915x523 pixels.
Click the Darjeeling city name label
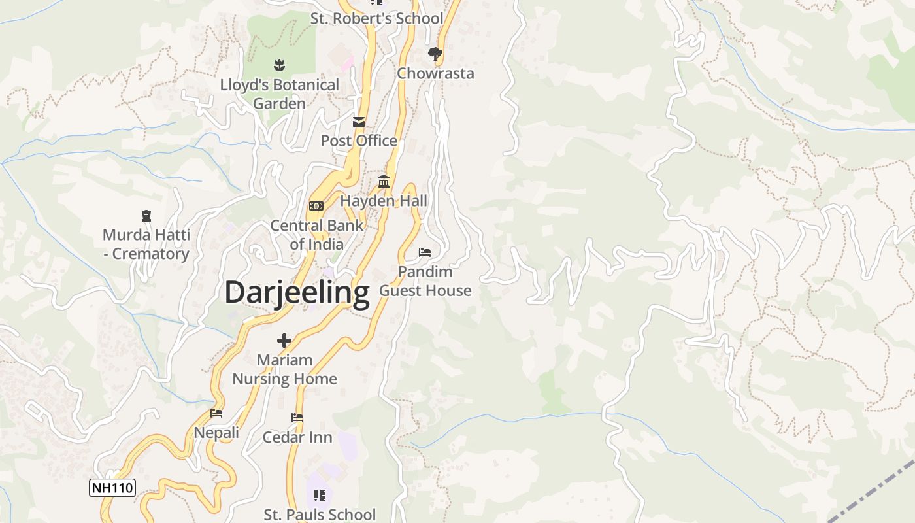point(297,293)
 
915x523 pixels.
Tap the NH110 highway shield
point(112,488)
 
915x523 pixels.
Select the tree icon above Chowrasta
point(435,54)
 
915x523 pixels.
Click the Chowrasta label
point(435,73)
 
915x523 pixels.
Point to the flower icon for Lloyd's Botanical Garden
point(279,65)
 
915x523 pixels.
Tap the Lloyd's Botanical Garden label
point(279,94)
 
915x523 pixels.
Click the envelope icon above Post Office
point(359,122)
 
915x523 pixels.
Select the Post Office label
point(359,141)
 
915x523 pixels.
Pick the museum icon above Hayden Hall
point(384,182)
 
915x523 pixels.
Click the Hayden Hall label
point(384,201)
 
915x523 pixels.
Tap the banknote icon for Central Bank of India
point(316,206)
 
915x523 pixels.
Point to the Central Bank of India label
point(316,235)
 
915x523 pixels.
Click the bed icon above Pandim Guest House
point(425,252)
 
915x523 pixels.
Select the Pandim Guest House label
point(425,281)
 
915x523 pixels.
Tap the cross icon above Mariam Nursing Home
point(284,341)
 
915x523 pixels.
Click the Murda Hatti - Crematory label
point(146,245)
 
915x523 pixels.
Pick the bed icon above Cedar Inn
point(297,418)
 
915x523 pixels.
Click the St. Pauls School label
point(320,515)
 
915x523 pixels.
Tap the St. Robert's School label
point(376,18)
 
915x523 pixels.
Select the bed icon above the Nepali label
point(216,413)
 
